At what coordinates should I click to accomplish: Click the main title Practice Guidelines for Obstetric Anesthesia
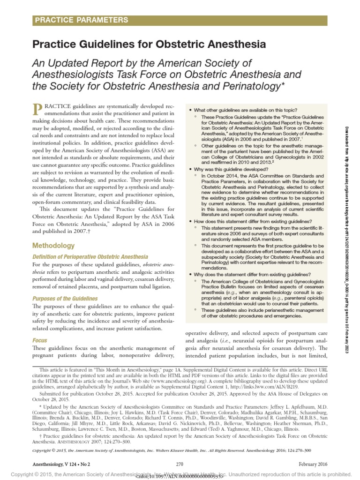pos(149,45)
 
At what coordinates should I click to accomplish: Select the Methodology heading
pos(53,246)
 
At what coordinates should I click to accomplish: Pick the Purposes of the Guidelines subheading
pos(65,299)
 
